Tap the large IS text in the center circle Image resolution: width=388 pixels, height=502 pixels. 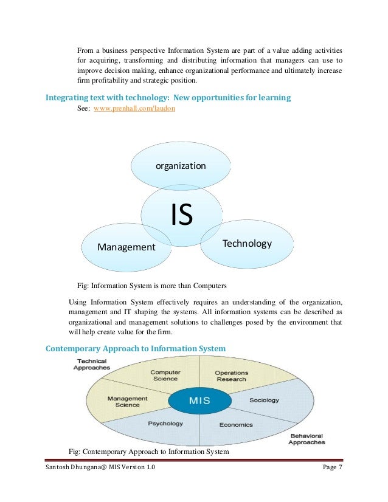[181, 215]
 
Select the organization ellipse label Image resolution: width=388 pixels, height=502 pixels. [181, 166]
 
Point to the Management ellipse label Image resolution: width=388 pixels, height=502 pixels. [126, 247]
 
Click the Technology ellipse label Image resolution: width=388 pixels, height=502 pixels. [247, 244]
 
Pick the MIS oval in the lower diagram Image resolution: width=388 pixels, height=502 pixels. [199, 401]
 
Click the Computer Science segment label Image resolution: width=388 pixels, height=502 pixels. [165, 376]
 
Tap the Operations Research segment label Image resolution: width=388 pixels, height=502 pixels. [231, 376]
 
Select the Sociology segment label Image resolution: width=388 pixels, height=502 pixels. [264, 401]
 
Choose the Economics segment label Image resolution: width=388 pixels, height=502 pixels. [236, 424]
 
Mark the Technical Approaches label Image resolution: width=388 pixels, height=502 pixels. [91, 365]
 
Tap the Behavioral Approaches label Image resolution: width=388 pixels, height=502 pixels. [306, 439]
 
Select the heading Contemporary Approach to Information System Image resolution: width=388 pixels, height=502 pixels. [136, 348]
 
